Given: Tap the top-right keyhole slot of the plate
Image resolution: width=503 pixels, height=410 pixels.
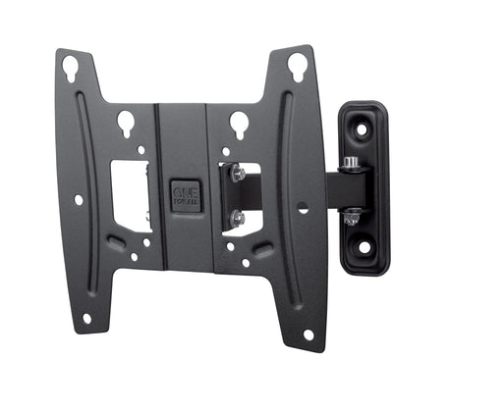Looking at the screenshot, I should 296,67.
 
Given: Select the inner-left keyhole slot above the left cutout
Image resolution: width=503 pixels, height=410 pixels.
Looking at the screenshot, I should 127,124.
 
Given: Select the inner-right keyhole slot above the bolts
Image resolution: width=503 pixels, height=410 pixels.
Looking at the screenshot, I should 239,124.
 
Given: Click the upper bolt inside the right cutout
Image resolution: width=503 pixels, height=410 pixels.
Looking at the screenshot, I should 238,175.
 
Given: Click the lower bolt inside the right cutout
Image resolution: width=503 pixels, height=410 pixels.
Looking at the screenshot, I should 238,218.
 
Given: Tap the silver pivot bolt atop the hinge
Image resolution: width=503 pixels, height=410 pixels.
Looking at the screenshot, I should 351,162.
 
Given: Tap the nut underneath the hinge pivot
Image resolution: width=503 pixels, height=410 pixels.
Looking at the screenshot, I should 351,218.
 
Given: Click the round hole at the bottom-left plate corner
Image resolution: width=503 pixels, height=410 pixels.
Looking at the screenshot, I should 86,318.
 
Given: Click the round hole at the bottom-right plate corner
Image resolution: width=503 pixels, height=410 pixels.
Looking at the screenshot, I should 307,334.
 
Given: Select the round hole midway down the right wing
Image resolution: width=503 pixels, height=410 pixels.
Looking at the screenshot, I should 303,208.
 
